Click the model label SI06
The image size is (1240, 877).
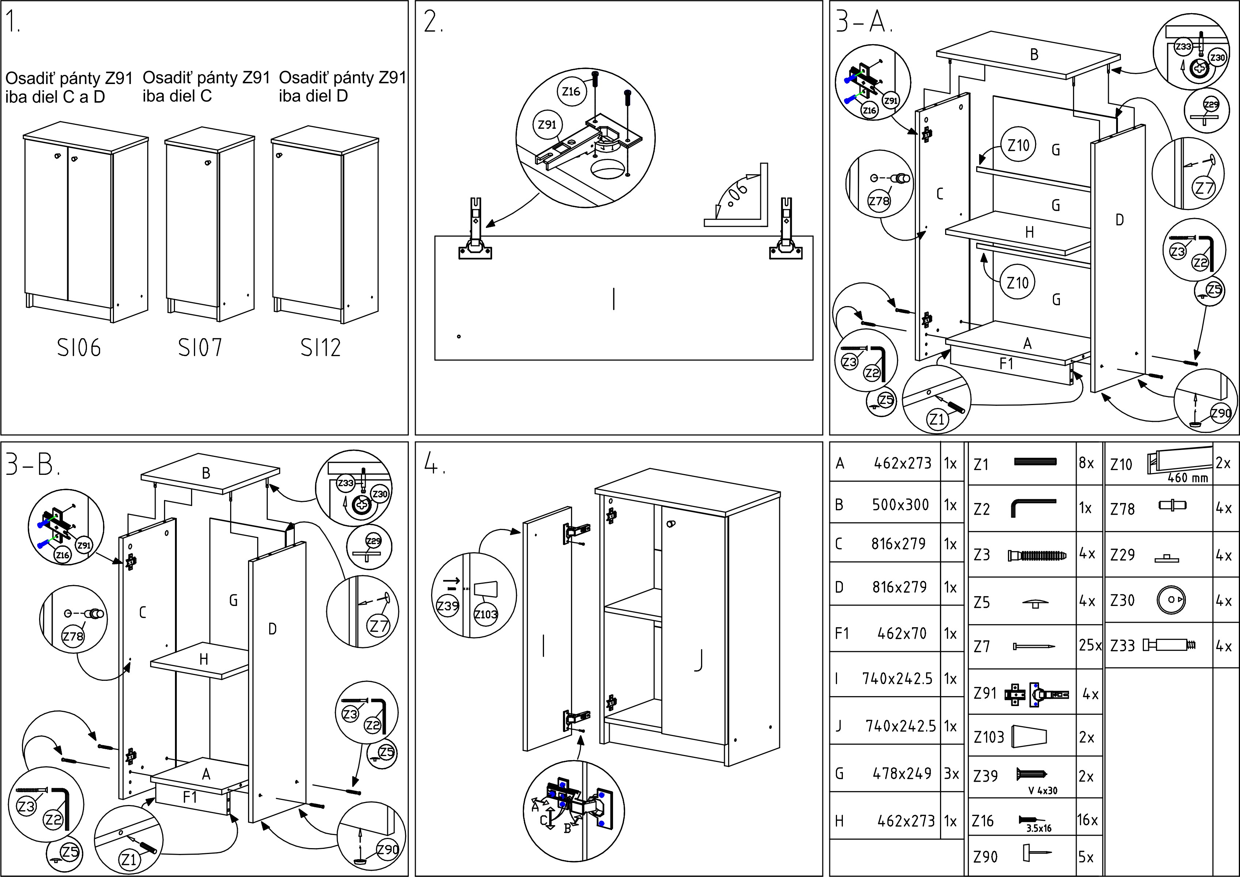point(79,348)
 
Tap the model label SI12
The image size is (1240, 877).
point(321,348)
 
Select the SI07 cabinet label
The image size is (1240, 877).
point(200,348)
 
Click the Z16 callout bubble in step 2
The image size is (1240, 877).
point(571,91)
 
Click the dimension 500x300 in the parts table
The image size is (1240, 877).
point(900,505)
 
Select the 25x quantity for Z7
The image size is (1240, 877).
point(1090,645)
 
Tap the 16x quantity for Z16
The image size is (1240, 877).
point(1087,820)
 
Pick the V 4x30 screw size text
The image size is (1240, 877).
point(1043,790)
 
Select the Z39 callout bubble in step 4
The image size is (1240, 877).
point(448,606)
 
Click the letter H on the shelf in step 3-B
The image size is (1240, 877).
point(204,659)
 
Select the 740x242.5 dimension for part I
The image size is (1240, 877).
point(897,679)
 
